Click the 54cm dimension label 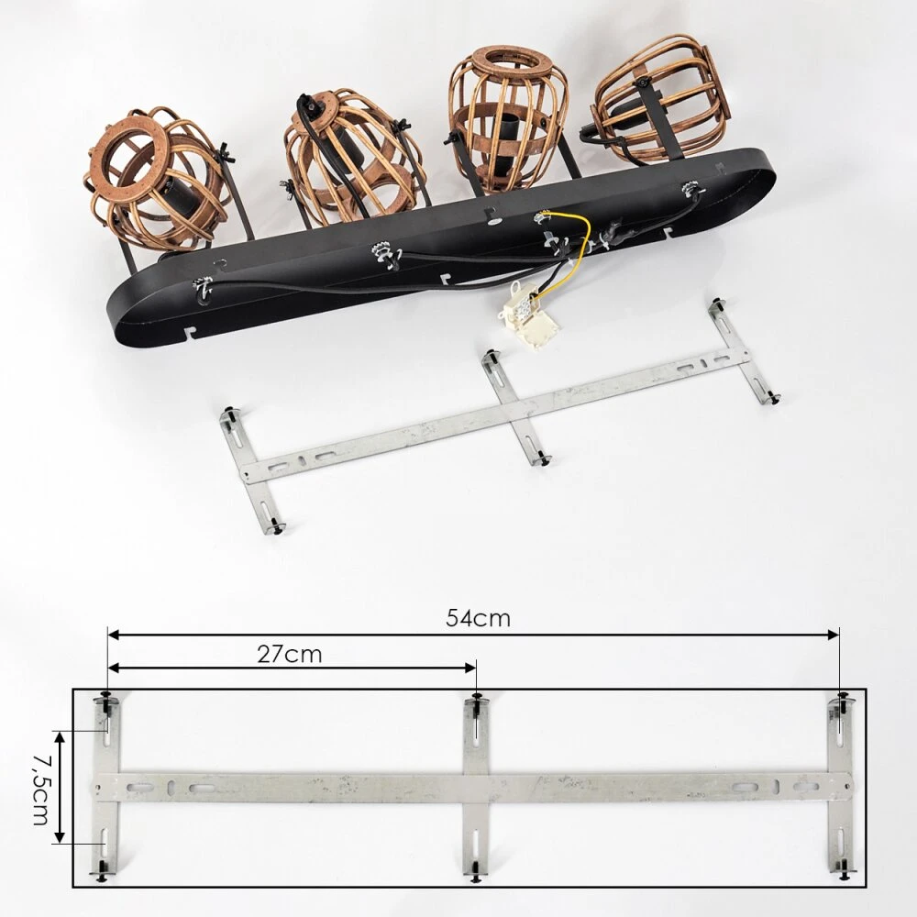click(x=478, y=618)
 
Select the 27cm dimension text click(x=290, y=655)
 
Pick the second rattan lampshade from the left click(x=353, y=158)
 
